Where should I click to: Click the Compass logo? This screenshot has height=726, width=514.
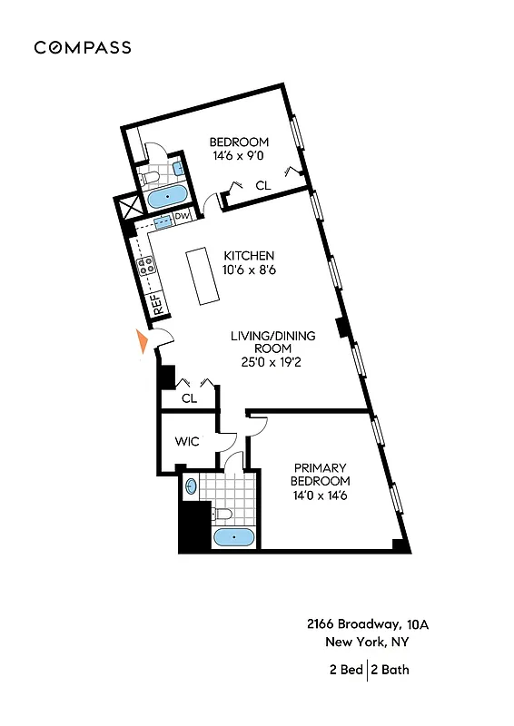coord(83,48)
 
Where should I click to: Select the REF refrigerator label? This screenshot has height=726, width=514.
coord(156,304)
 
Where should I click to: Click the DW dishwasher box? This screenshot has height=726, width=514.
coord(182,216)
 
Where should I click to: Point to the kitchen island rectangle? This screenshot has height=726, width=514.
coord(204,277)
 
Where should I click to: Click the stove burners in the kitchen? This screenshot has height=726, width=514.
coord(145,266)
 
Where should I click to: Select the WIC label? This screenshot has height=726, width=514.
coord(187,442)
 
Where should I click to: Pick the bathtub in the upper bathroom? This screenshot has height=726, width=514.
coord(167,196)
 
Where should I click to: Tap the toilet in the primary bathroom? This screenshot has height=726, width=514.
coord(223,515)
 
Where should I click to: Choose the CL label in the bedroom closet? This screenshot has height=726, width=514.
coord(262,186)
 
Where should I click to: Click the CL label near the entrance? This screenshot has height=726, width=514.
coord(189,397)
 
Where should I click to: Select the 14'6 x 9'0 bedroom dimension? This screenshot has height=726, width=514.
coord(239,156)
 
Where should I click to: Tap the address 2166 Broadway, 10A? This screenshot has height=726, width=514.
coord(366,624)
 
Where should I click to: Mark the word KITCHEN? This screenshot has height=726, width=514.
coord(249,255)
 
